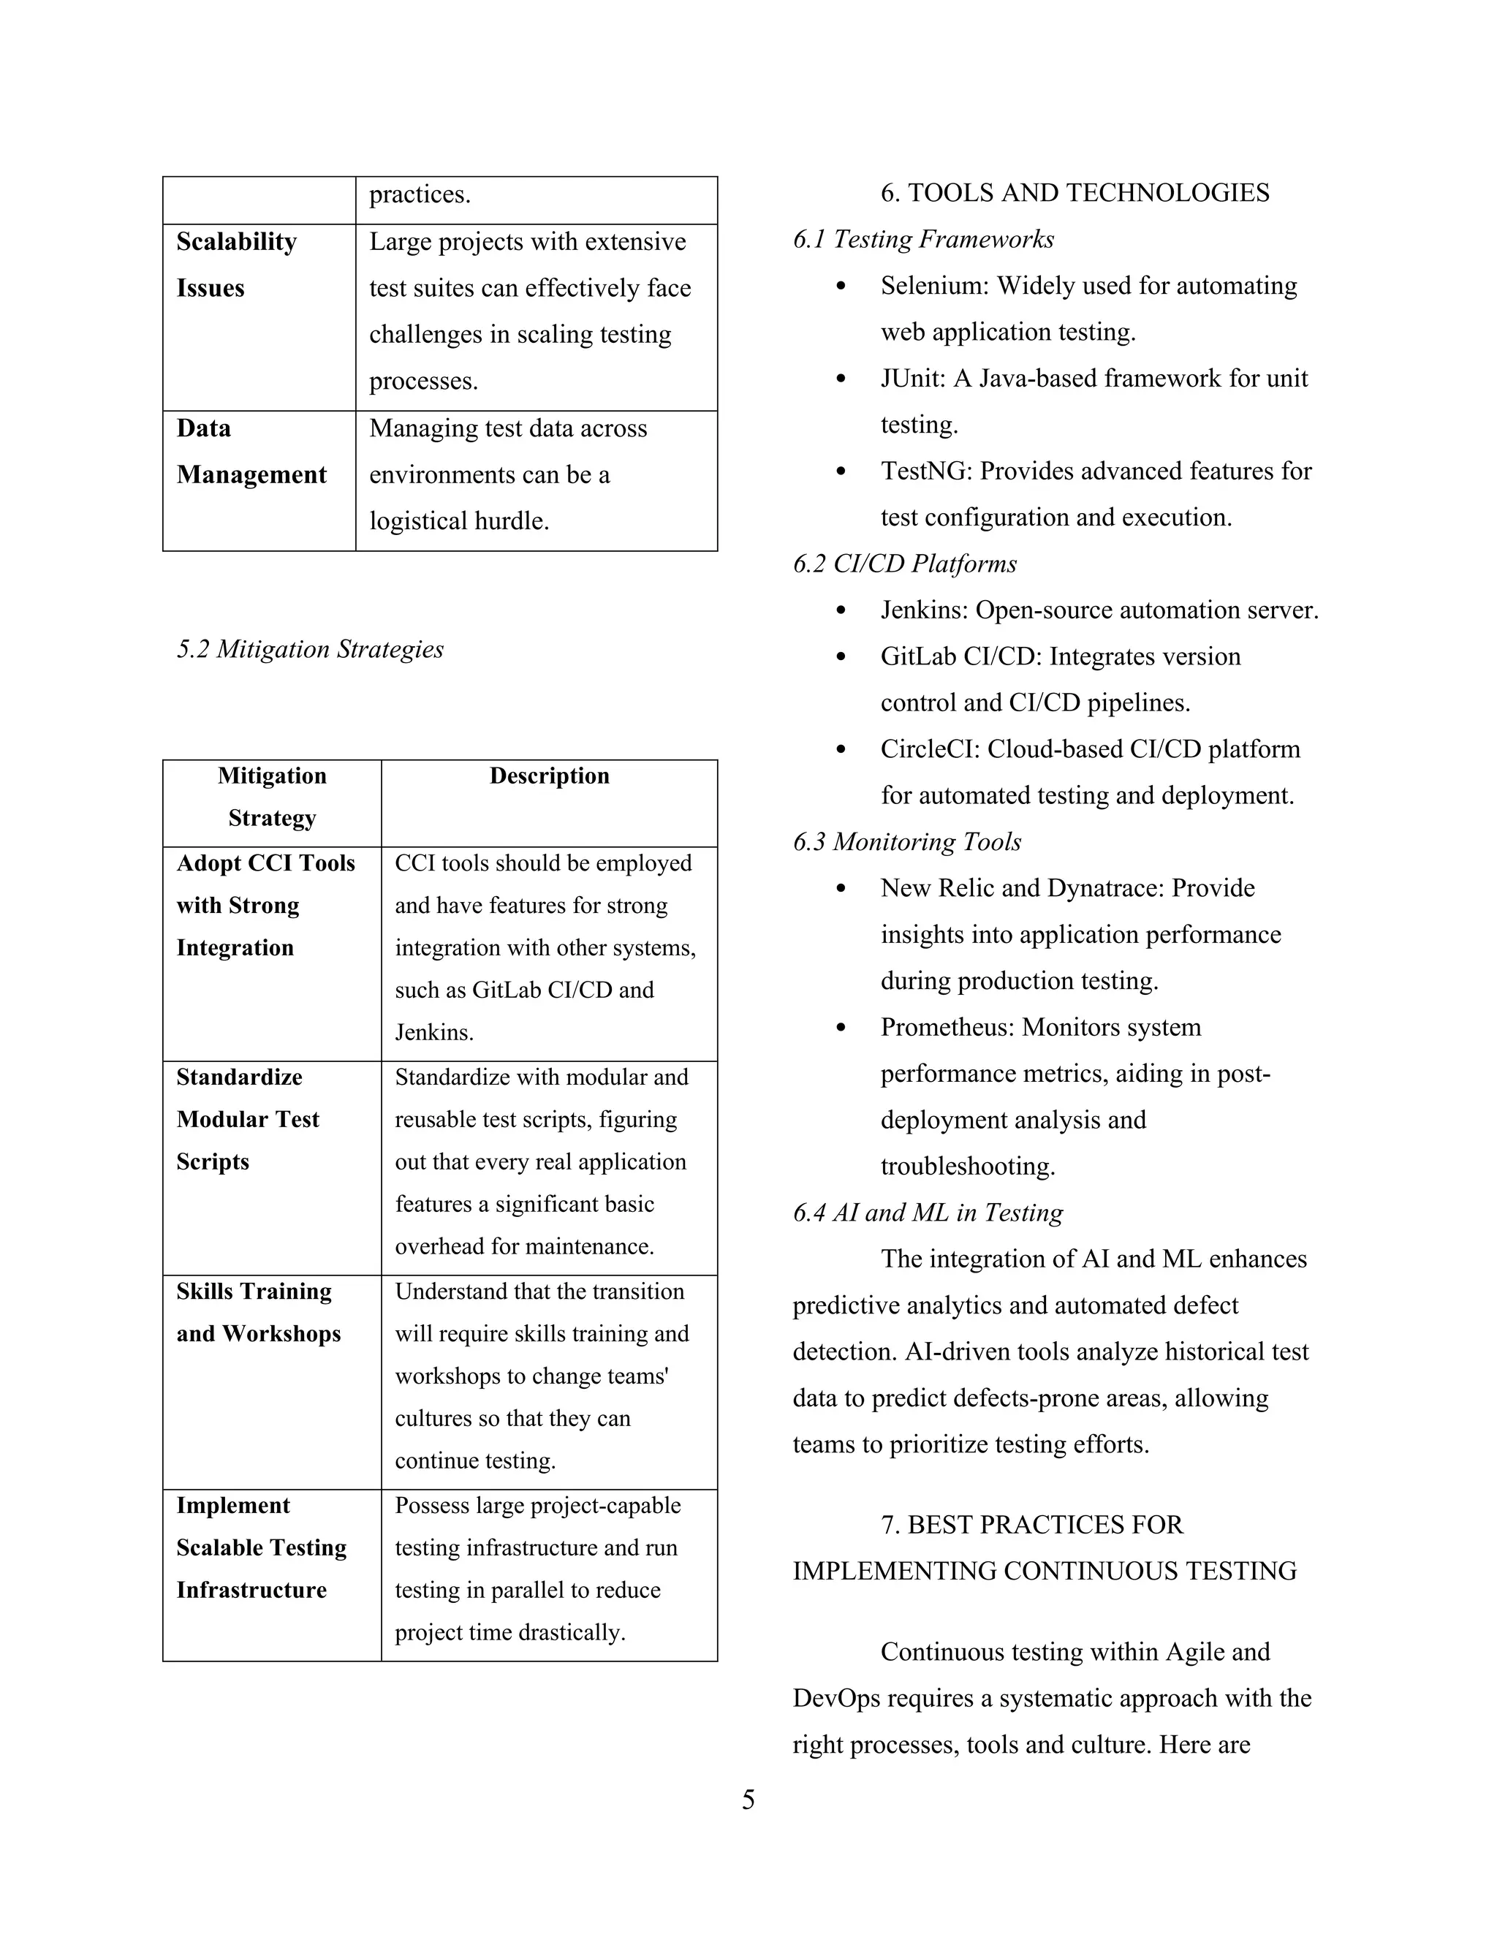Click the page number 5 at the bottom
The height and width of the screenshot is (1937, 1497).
coord(748,1800)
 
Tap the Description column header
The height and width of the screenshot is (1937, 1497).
coord(549,776)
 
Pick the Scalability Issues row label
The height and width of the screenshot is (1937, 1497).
coord(236,265)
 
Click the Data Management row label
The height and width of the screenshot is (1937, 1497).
coord(251,452)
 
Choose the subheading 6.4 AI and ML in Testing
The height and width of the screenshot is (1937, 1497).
coord(928,1213)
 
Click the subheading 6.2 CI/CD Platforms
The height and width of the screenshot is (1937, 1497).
coord(905,564)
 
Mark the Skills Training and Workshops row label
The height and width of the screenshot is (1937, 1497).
coord(258,1313)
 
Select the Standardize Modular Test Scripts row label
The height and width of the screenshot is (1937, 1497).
coord(248,1119)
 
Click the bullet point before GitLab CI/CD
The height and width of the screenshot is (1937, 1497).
coord(841,657)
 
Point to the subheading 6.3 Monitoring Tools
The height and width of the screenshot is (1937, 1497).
coord(906,841)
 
